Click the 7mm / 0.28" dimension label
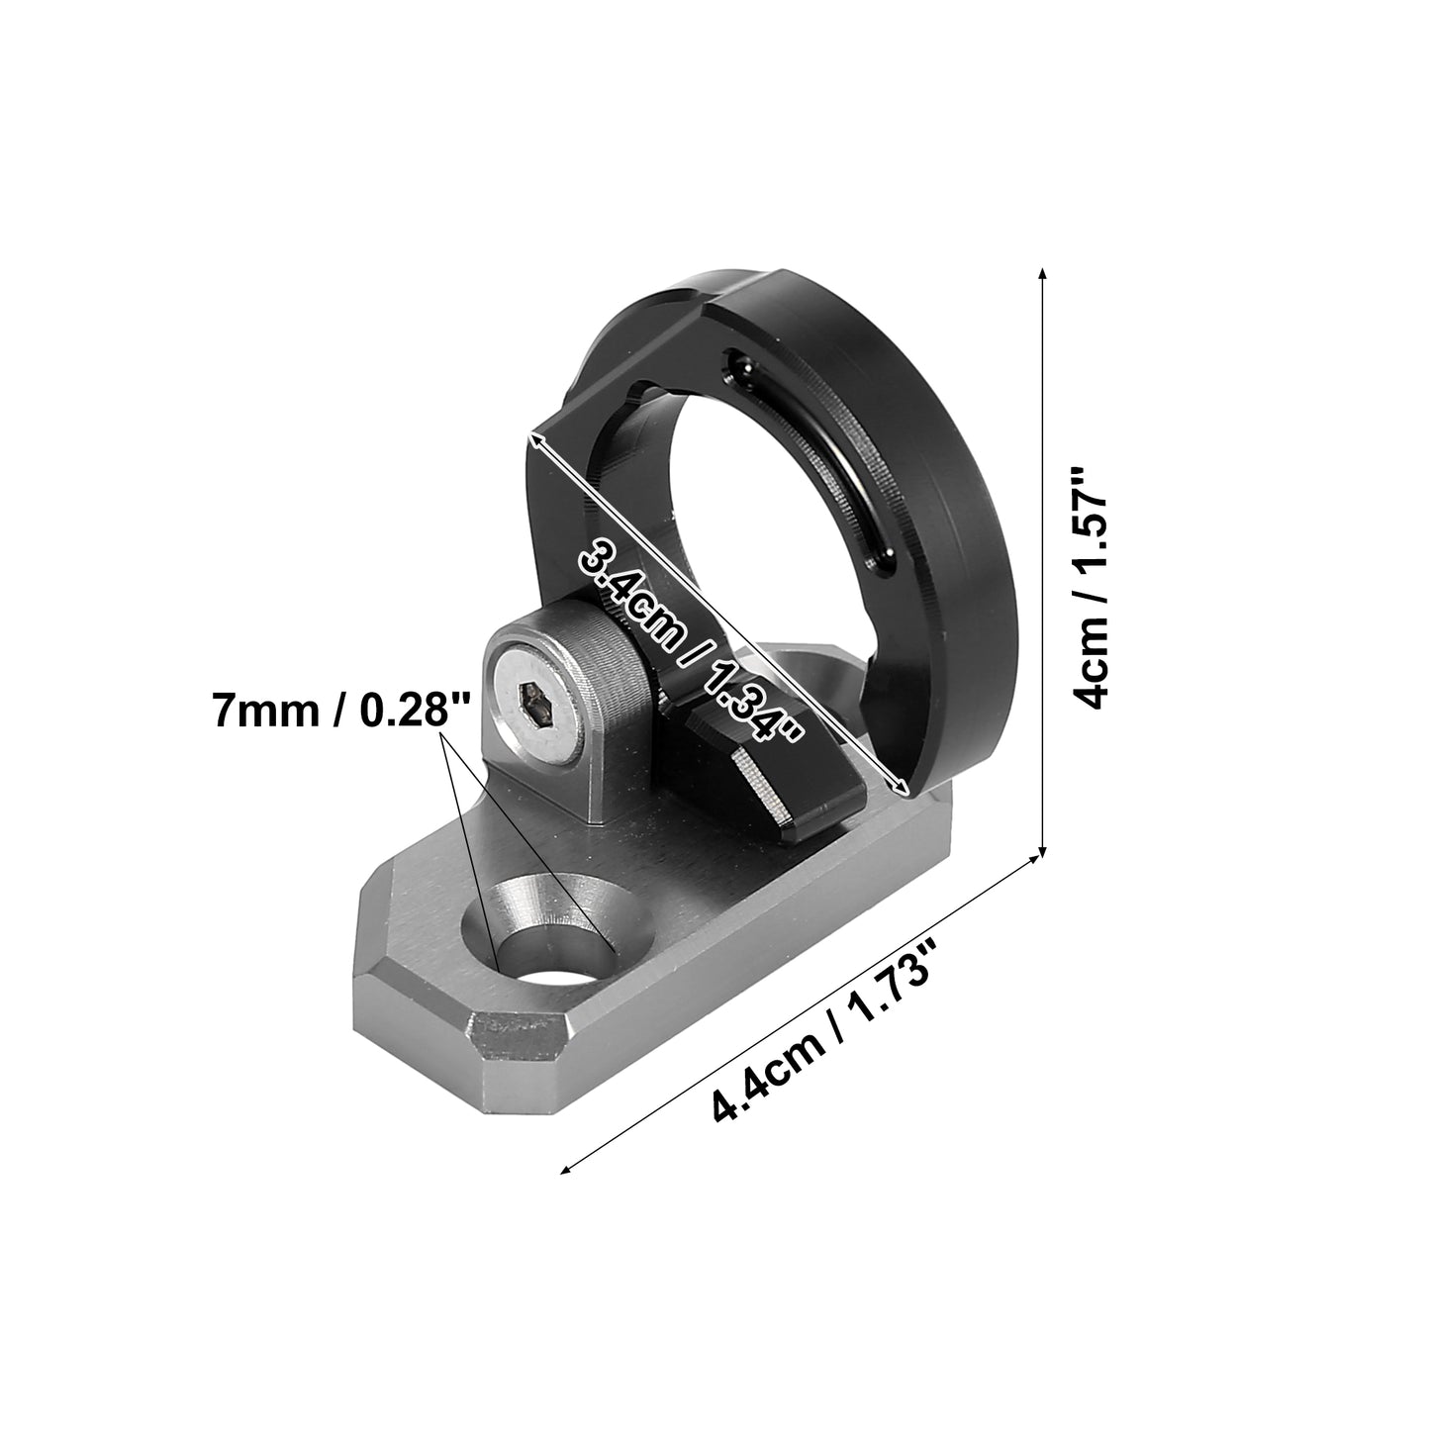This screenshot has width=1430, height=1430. point(341,711)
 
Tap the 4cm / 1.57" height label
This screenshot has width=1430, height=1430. point(1090,589)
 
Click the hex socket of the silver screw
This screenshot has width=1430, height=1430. point(534,708)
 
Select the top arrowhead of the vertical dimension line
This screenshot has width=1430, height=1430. point(1043,274)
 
